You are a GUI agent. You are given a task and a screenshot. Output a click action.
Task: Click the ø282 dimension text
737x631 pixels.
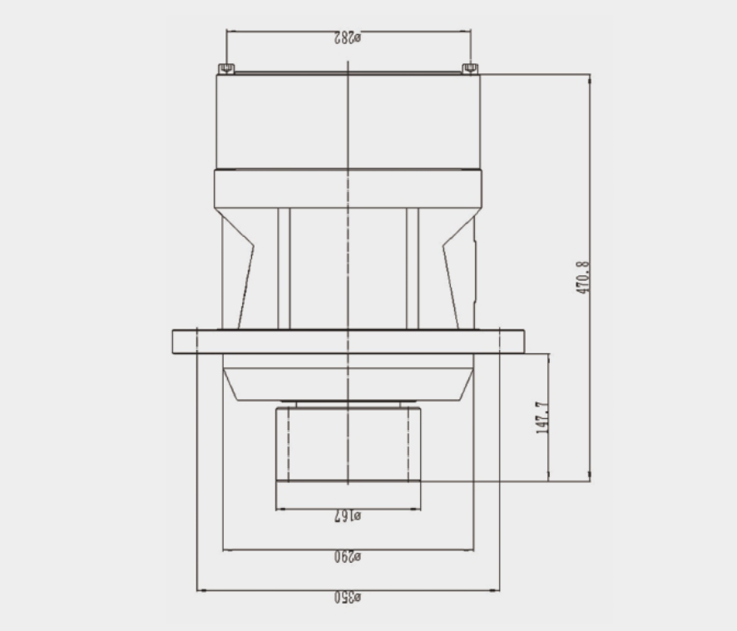348,37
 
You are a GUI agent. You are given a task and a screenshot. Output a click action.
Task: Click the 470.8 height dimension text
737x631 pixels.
583,278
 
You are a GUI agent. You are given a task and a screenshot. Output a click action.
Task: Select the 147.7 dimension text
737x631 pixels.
542,417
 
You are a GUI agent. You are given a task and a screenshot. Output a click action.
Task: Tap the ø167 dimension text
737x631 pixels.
348,516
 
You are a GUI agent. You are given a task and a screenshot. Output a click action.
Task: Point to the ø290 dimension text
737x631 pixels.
348,557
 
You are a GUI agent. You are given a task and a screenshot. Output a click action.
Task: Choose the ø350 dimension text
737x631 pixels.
348,598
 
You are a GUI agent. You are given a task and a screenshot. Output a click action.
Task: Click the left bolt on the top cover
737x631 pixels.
226,69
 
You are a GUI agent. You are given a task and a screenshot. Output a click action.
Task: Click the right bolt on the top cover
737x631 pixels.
470,69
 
